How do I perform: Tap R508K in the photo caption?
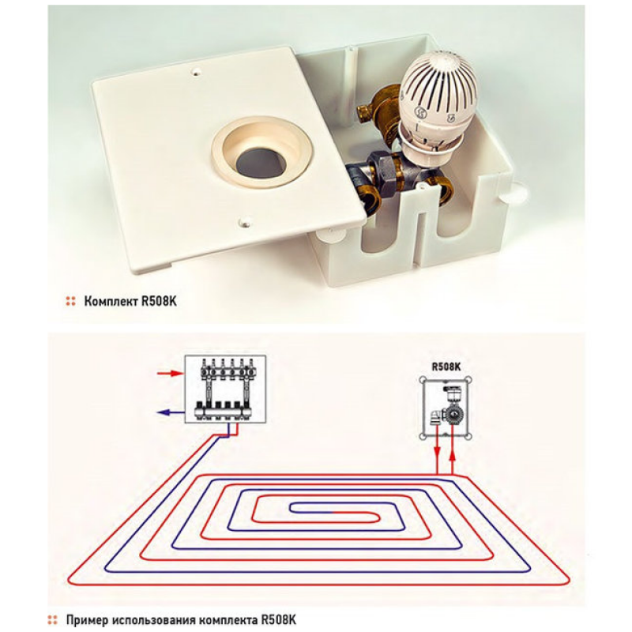tap(162, 301)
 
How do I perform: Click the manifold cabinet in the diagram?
tap(225, 389)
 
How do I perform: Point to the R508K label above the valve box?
tap(446, 367)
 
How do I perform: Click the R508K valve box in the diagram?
tap(447, 407)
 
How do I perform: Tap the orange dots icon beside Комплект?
tap(70, 301)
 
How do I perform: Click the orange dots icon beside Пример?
tap(52, 619)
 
